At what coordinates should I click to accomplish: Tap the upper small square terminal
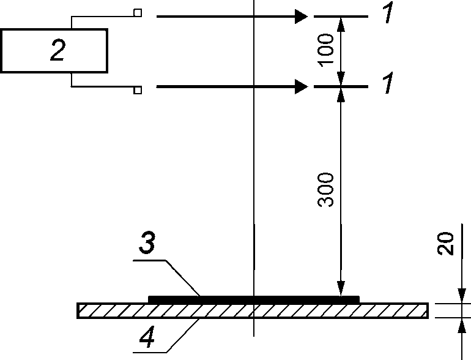tap(138, 13)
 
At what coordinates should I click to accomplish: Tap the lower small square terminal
tap(138, 90)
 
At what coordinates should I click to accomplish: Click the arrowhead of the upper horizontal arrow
tap(302, 17)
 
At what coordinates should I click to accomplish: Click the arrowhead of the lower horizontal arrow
tap(302, 86)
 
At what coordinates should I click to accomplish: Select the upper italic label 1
tap(387, 12)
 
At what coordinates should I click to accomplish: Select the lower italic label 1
tap(387, 83)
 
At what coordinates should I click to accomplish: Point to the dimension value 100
tap(325, 50)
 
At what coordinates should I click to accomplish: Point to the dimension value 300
tap(325, 190)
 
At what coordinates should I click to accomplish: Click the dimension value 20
tap(445, 244)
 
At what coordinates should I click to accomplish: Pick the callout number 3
tap(147, 242)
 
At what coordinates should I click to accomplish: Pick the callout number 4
tap(147, 337)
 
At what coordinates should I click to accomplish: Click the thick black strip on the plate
tap(254, 299)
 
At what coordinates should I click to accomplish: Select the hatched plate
tap(253, 310)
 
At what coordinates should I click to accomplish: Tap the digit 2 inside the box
tap(57, 50)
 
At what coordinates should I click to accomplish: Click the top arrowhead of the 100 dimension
tap(341, 24)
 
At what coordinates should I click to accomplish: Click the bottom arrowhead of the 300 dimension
tap(341, 289)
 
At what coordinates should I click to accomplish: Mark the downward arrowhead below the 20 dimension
tap(462, 296)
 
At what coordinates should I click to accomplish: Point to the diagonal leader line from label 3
tap(183, 278)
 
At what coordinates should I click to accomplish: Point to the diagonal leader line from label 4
tap(183, 336)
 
